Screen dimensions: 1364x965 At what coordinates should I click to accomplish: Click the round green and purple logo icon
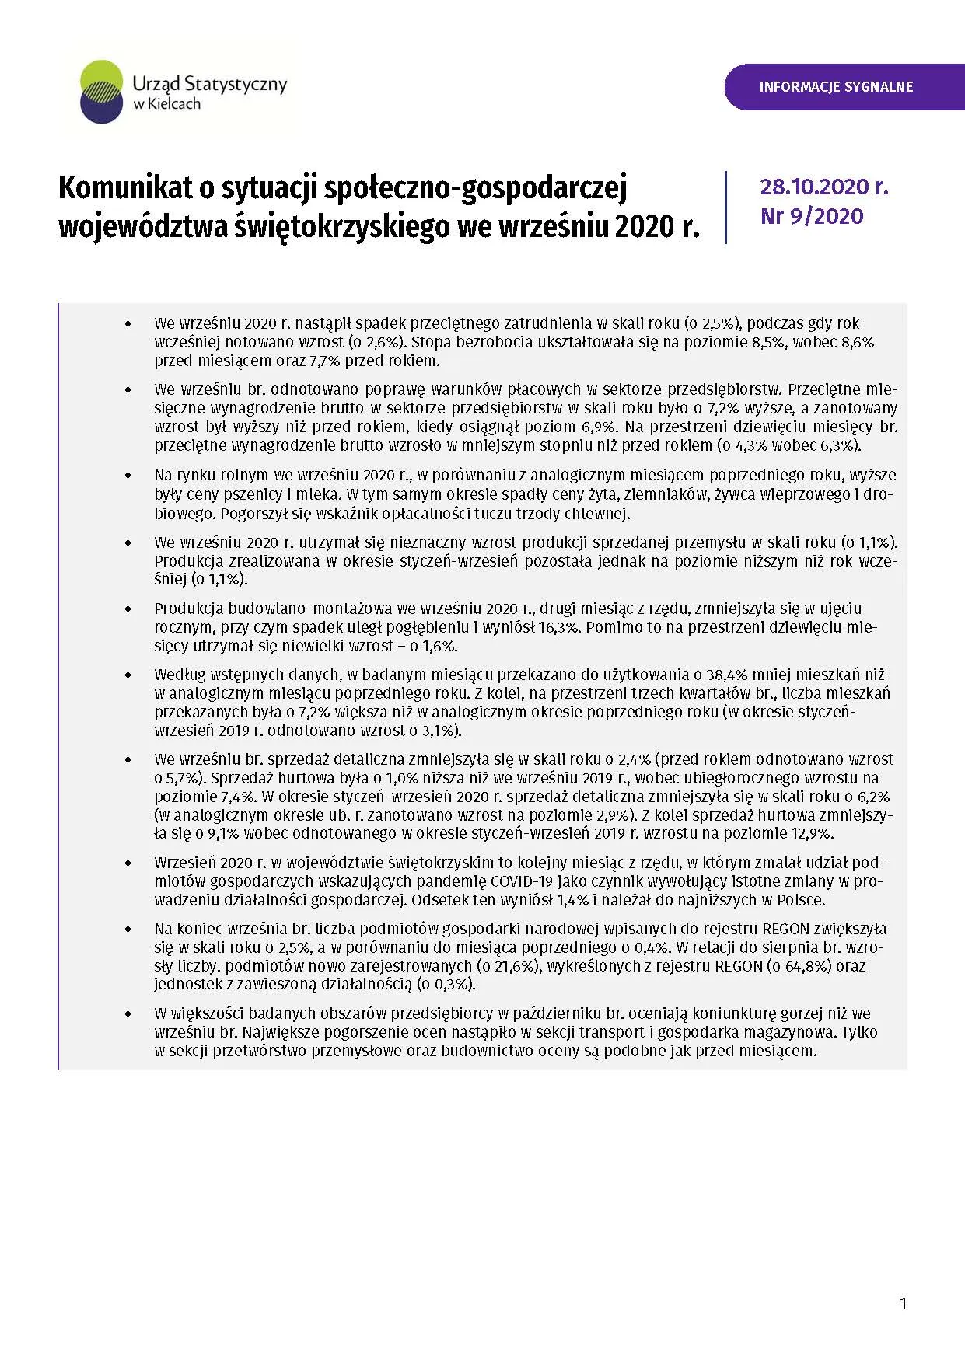(x=102, y=92)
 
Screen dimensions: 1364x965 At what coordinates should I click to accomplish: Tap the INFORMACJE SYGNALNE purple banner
(x=836, y=87)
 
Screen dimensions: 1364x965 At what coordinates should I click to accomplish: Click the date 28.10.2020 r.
(x=823, y=187)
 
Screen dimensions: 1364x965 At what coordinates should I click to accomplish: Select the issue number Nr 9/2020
(x=812, y=216)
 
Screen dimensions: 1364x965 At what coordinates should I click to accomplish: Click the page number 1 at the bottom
(x=903, y=1303)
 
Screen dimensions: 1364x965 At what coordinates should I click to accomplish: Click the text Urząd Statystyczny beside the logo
(x=209, y=84)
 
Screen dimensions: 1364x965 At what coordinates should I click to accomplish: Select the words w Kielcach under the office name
(x=166, y=104)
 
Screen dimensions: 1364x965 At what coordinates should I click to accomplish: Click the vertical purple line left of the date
(x=726, y=207)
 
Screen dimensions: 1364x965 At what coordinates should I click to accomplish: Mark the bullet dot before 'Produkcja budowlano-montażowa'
(x=128, y=609)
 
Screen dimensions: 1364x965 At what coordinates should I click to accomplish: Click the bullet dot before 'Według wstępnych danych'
(x=128, y=675)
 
